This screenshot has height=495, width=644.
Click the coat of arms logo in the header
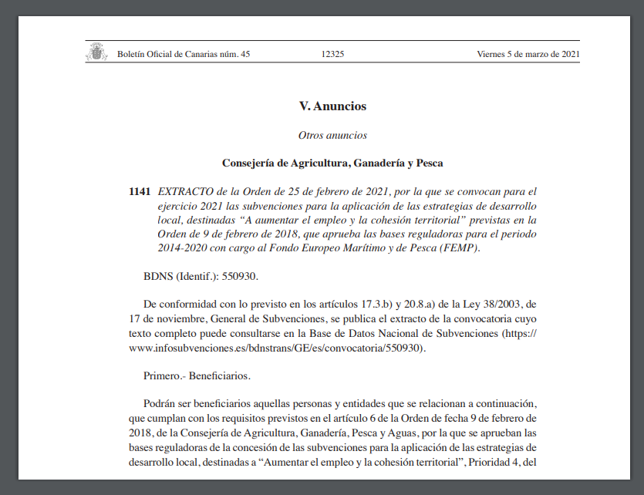tap(96, 52)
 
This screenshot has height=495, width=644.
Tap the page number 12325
tap(332, 54)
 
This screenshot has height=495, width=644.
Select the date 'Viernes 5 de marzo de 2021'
tap(528, 54)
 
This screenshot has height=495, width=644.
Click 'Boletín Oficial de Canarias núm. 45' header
tap(184, 54)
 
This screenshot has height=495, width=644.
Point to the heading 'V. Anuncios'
tap(332, 106)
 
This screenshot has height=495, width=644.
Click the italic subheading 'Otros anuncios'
tap(332, 136)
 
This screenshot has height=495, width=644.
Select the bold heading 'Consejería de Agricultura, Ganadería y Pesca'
tap(332, 163)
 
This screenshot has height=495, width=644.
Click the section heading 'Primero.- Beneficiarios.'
tap(197, 376)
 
